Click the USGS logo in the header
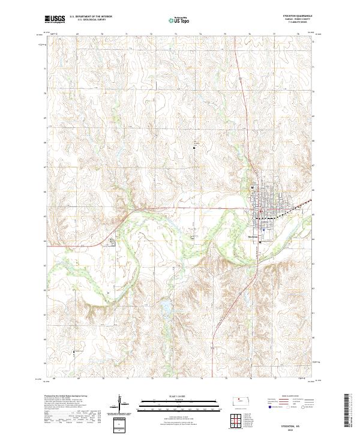[x=54, y=20]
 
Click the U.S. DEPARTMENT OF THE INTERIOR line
[x=90, y=16]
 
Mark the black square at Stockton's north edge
[x=252, y=188]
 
